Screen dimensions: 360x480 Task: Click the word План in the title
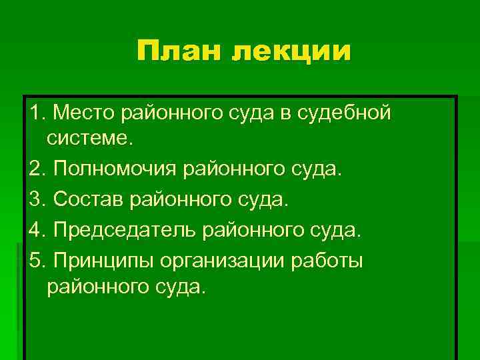point(178,51)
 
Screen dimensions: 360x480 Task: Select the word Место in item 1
point(85,114)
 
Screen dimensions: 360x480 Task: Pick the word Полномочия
point(115,169)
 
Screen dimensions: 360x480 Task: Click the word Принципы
point(106,261)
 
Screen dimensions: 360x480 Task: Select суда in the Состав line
point(265,199)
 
